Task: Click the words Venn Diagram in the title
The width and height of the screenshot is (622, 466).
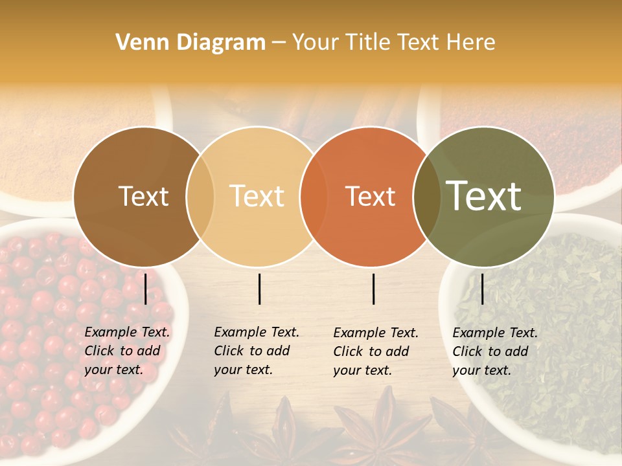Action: coord(190,43)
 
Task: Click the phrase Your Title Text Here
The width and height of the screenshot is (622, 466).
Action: coord(393,43)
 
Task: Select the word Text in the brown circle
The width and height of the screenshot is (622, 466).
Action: coord(143,197)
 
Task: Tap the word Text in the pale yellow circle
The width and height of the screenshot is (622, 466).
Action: coord(257,196)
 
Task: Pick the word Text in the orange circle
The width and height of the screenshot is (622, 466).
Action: coord(371,197)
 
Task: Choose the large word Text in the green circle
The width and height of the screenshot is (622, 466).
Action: coord(484,196)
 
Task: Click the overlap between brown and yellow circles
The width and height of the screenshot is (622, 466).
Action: coord(200,197)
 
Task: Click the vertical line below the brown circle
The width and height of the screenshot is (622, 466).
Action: coord(146,288)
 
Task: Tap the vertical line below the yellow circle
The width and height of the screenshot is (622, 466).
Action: coord(259,289)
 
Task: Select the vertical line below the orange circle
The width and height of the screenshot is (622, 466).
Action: coord(374,289)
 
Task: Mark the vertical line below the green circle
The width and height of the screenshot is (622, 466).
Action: coord(483,289)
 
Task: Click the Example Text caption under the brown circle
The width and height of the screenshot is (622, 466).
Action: coord(127,351)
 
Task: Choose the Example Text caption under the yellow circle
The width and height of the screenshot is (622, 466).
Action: coord(257,351)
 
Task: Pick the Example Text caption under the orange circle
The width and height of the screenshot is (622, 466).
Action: coord(376,351)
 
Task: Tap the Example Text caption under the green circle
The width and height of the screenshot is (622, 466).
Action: coord(495,351)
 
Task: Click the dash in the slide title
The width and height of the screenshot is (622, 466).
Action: coord(279,43)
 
